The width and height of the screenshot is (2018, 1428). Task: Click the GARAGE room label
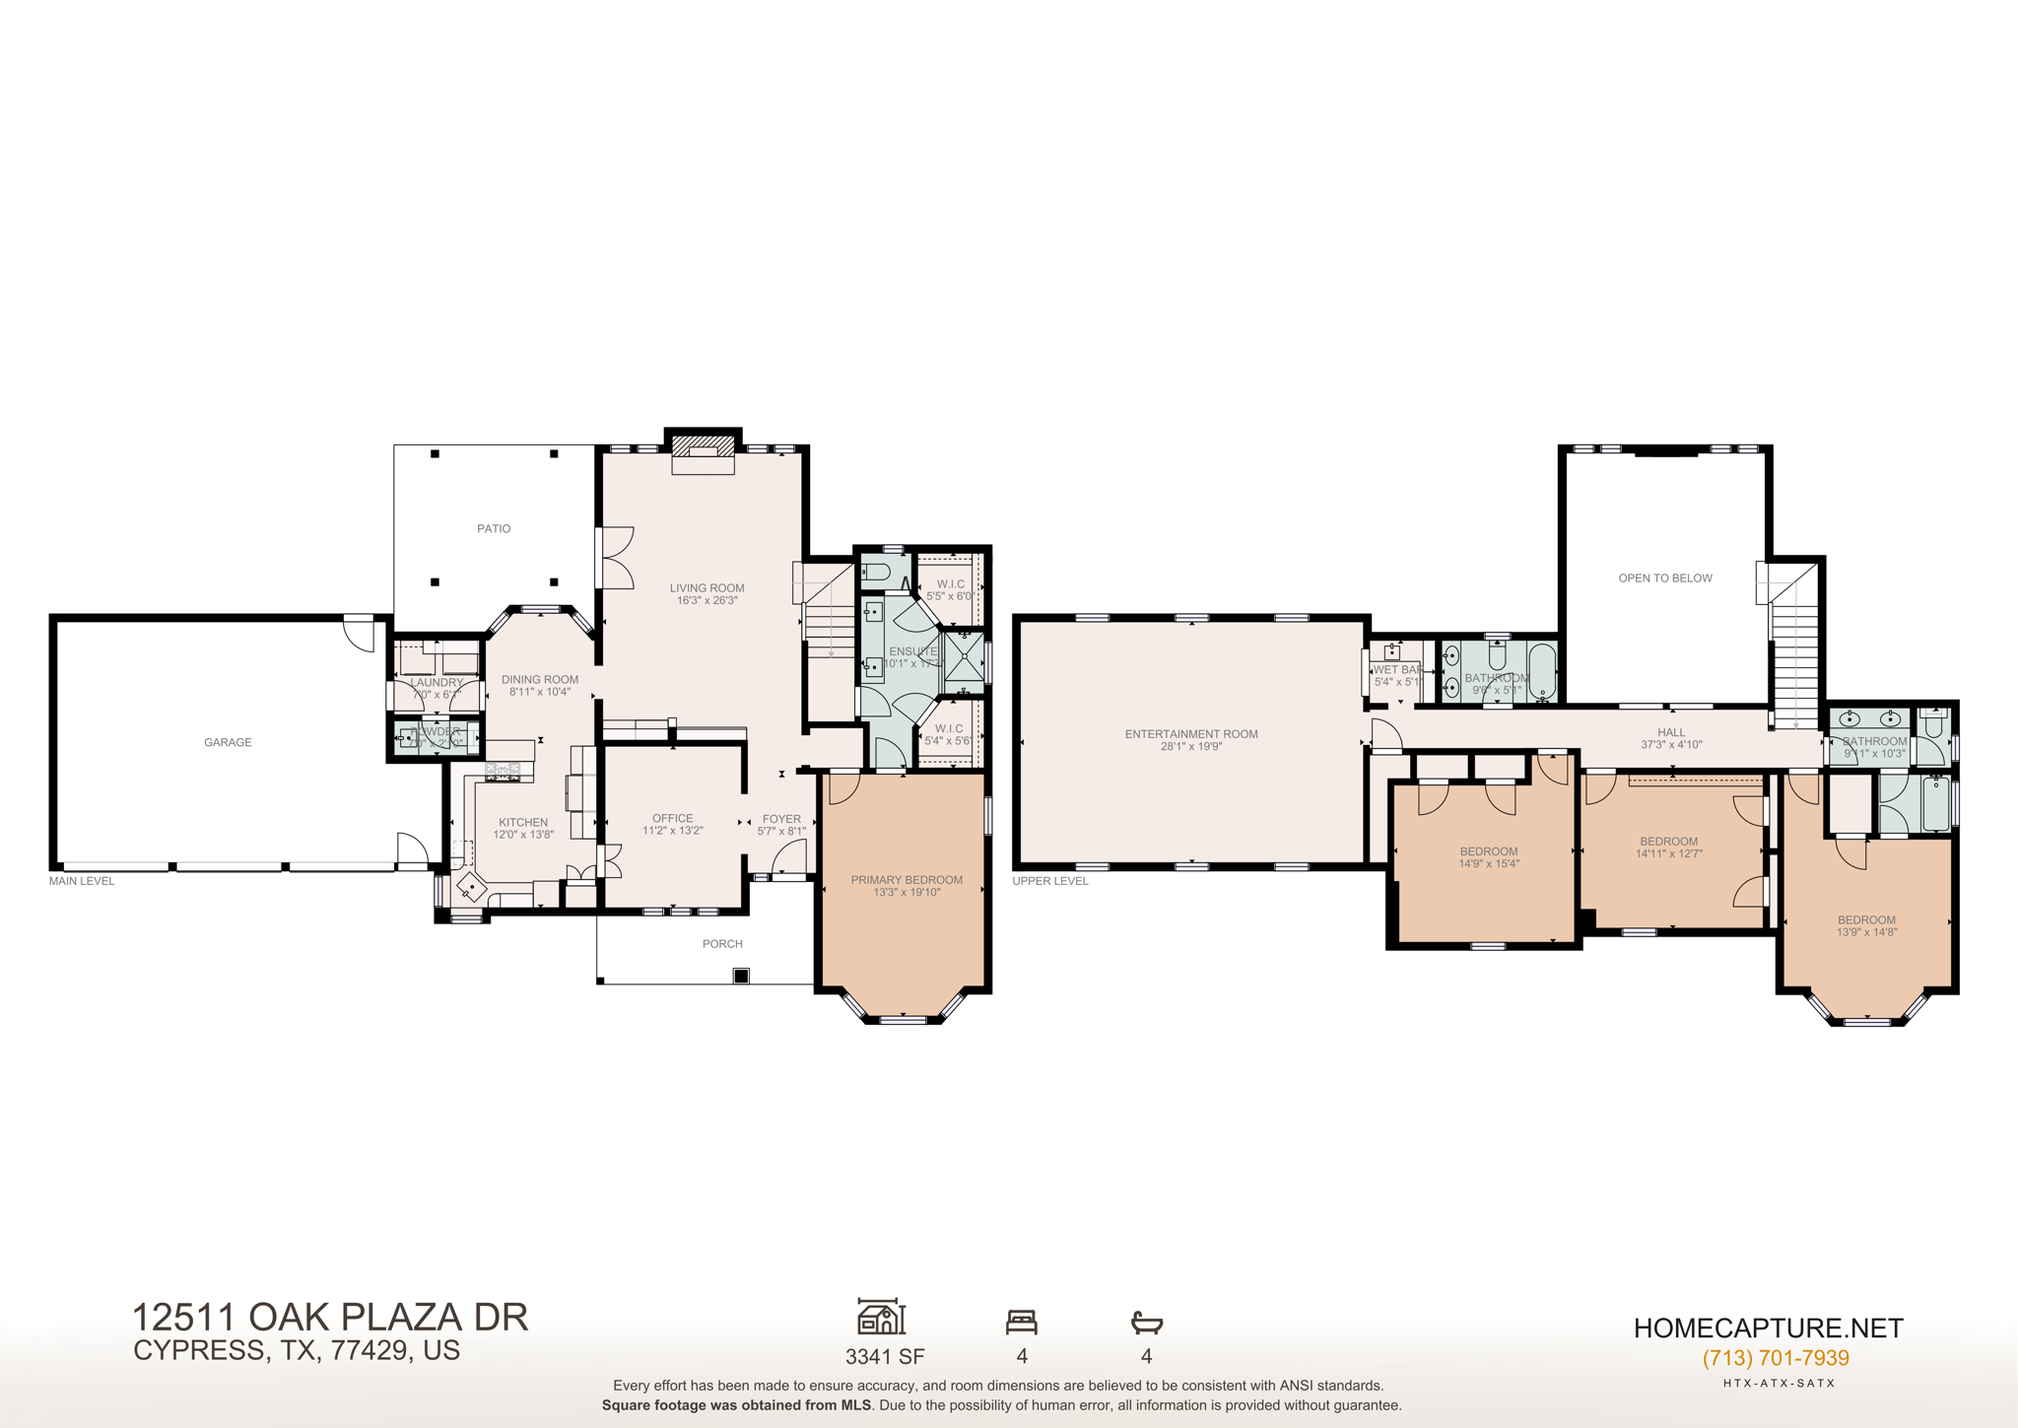[x=228, y=742]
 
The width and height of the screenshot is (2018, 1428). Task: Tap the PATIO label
[x=494, y=529]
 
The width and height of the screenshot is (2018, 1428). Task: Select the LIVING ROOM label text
[x=706, y=588]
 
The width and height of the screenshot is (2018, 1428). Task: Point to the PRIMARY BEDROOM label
[x=907, y=880]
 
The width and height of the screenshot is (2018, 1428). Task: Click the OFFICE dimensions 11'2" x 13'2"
[x=672, y=831]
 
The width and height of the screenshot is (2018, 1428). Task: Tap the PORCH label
[x=722, y=944]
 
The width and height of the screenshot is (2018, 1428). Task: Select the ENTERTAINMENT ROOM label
[x=1191, y=734]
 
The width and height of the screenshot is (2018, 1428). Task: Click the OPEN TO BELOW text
[x=1665, y=578]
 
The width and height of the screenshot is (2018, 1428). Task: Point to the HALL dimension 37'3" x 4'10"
[x=1671, y=745]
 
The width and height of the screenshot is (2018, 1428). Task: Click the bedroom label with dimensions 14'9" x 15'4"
[x=1489, y=851]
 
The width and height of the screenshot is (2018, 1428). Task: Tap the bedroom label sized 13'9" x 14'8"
[x=1866, y=920]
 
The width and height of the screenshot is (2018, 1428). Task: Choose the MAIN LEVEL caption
[x=82, y=881]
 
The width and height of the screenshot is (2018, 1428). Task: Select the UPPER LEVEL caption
[x=1050, y=881]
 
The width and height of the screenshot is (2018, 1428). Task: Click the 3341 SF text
[x=885, y=1357]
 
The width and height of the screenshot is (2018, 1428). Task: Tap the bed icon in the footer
[x=1022, y=1322]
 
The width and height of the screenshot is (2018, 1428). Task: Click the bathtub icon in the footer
[x=1146, y=1322]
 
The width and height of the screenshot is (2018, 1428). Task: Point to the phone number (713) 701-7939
[x=1776, y=1359]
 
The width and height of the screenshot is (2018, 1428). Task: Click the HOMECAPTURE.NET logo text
[x=1768, y=1328]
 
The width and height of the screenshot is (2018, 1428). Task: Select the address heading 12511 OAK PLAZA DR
[x=330, y=1318]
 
